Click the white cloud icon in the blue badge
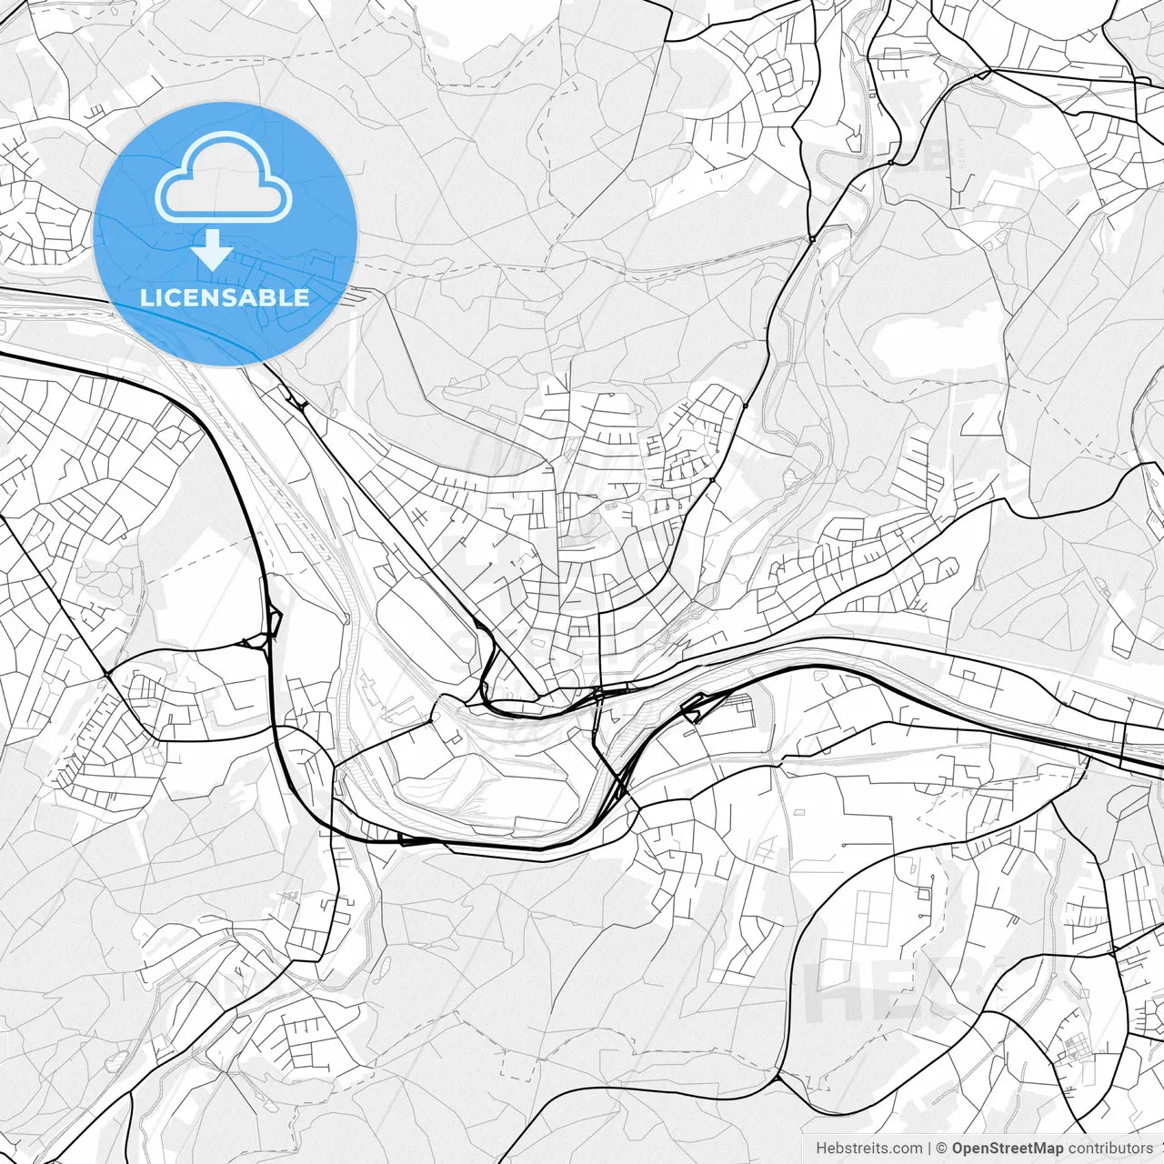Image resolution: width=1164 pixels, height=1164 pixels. [224, 177]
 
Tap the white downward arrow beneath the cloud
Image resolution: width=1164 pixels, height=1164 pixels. [214, 249]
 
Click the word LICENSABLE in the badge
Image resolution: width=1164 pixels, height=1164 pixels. [225, 297]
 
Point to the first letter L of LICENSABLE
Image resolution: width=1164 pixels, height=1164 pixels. [145, 297]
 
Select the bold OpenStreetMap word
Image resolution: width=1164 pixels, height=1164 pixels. [1008, 1149]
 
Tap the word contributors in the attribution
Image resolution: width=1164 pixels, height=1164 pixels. [1109, 1149]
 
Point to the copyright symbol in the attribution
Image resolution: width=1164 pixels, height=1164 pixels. [942, 1149]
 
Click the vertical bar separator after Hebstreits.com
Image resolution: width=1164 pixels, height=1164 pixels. [929, 1149]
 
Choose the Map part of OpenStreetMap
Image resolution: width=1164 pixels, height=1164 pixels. [1046, 1149]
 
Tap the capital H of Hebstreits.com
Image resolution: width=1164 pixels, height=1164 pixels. [821, 1149]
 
